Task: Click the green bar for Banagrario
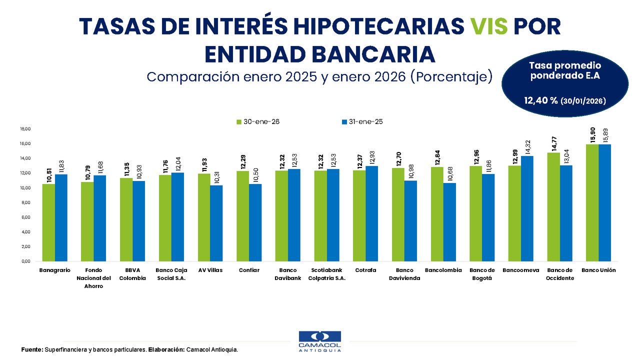(48, 222)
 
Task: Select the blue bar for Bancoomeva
(527, 208)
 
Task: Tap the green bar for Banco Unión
(592, 202)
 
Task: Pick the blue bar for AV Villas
(216, 223)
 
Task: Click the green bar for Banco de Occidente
(553, 206)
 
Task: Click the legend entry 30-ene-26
(258, 121)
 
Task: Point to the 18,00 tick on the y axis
(25, 129)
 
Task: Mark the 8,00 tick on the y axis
(25, 202)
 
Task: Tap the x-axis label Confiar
(248, 270)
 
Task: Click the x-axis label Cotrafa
(365, 270)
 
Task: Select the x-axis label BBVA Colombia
(132, 274)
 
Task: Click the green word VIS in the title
(489, 25)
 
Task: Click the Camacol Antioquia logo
(320, 341)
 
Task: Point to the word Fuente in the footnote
(31, 349)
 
